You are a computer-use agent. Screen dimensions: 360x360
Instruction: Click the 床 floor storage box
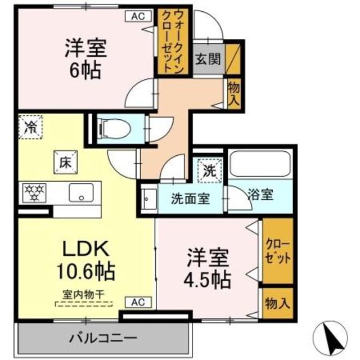(x=64, y=161)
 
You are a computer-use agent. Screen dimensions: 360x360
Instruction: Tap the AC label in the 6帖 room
(x=138, y=16)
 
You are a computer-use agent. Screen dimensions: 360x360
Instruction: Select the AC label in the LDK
(x=138, y=302)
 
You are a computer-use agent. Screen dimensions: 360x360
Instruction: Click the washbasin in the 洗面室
(x=149, y=200)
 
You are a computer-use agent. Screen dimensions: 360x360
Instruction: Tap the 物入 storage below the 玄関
(x=234, y=93)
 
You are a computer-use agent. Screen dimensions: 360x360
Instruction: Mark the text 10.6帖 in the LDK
(x=84, y=272)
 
